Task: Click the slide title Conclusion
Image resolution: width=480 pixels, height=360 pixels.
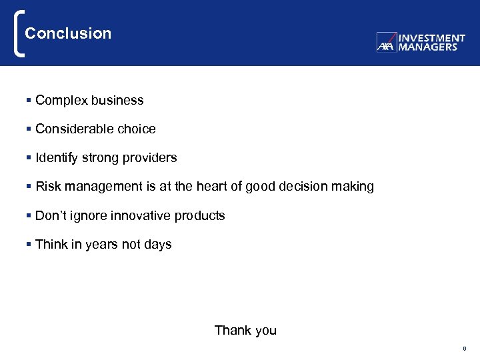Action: click(68, 33)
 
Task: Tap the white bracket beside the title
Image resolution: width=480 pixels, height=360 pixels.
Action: click(18, 33)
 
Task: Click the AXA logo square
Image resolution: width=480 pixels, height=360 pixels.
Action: click(386, 43)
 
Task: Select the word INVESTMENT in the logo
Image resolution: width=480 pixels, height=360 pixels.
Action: click(431, 39)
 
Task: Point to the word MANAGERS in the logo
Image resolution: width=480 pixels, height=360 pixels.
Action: click(427, 47)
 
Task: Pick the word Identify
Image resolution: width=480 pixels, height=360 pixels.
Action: click(57, 158)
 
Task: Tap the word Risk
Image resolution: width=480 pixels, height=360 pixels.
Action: click(48, 187)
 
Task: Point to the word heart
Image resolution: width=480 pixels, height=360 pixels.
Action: click(212, 187)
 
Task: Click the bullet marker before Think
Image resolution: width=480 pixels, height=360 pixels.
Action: click(29, 245)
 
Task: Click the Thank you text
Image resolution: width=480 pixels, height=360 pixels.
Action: click(245, 331)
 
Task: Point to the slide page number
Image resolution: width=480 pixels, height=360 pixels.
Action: click(464, 349)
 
